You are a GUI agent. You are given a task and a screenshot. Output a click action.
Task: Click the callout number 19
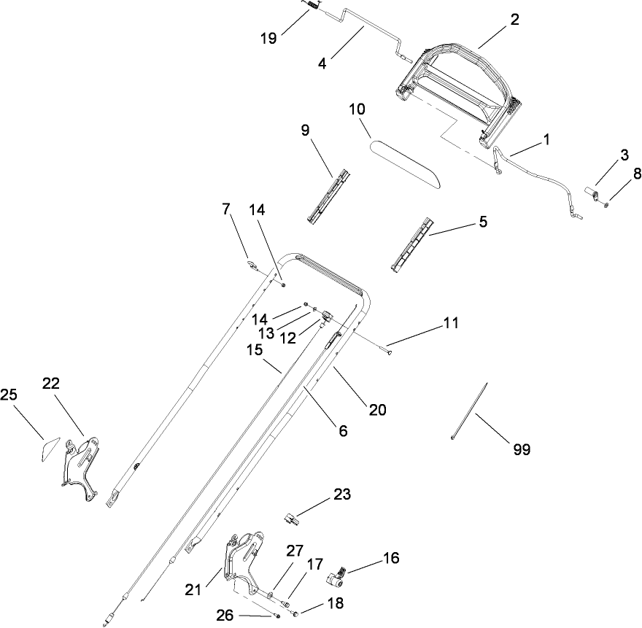pos(268,38)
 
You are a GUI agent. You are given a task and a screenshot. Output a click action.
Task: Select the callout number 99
pos(521,450)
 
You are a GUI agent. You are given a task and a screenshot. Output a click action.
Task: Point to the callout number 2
pos(514,20)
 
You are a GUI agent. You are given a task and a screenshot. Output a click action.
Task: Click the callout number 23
pos(341,495)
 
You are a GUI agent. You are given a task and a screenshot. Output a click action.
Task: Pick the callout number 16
pos(391,559)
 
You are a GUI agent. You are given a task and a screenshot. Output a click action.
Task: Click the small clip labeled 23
pos(292,519)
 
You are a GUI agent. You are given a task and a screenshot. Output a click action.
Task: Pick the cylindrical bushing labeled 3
pos(592,194)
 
